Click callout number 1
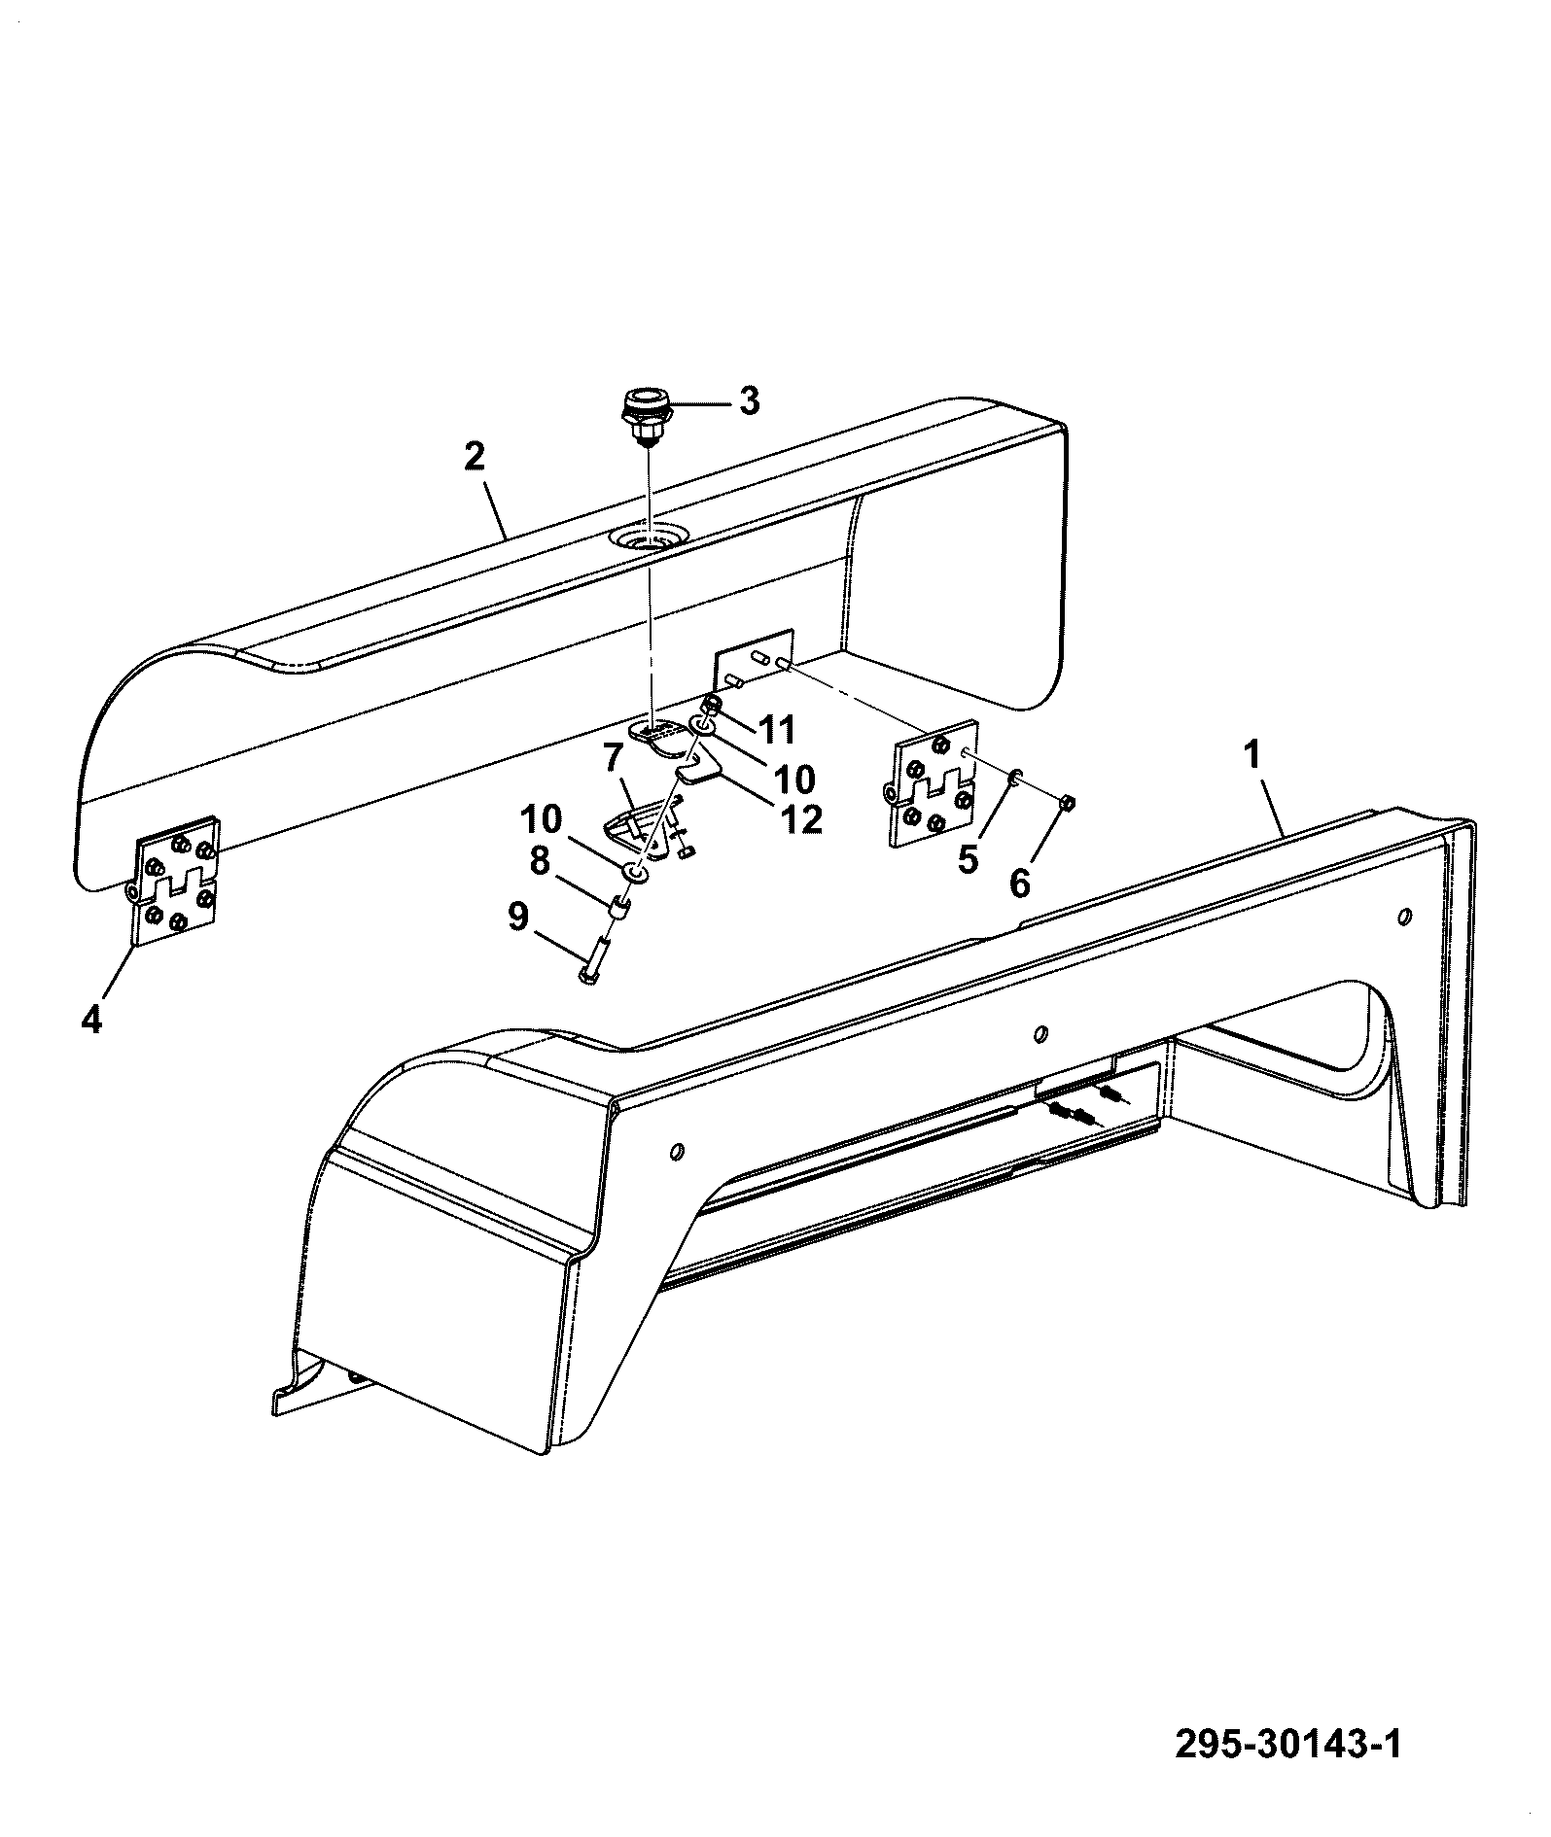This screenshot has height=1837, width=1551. click(x=1253, y=753)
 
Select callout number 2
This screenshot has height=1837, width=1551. click(x=475, y=457)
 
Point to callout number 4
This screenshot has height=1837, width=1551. click(x=91, y=1020)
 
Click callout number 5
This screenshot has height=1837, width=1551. click(x=968, y=859)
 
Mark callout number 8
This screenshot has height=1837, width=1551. click(x=541, y=859)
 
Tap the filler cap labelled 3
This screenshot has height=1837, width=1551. click(x=642, y=417)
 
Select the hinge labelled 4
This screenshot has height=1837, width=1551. click(x=175, y=880)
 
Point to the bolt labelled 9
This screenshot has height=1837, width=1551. click(x=594, y=954)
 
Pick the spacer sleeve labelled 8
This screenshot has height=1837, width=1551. click(x=617, y=909)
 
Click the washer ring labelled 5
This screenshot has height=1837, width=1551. click(x=1013, y=776)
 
